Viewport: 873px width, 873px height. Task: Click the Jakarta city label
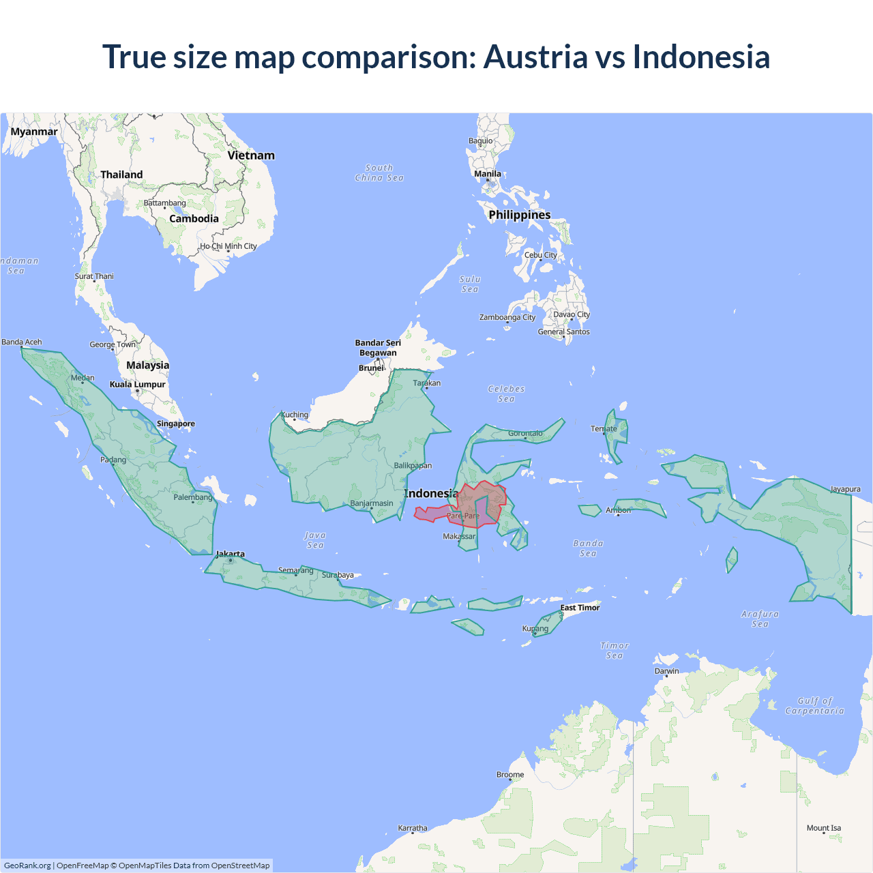coord(230,554)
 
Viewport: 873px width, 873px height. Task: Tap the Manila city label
coord(488,174)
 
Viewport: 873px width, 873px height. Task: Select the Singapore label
coord(176,424)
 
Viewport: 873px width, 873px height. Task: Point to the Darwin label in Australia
coord(666,671)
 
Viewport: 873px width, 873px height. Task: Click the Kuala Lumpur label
coord(137,385)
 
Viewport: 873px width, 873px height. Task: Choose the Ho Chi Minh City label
coord(228,246)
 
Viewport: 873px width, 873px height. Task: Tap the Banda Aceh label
coord(22,342)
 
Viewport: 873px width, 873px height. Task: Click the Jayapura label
coord(845,489)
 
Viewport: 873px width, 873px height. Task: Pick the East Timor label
coord(580,608)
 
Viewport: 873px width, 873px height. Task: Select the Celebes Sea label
coord(506,394)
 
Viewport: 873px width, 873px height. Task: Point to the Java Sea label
coord(315,540)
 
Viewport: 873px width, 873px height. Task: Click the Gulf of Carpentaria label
coord(814,706)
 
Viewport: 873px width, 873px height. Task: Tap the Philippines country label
coord(519,215)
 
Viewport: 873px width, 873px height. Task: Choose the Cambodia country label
coord(194,219)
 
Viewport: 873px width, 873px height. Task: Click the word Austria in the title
coord(535,57)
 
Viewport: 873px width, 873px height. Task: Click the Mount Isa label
coord(824,828)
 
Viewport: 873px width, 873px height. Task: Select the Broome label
coord(510,775)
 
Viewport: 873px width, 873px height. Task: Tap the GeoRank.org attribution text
coord(27,865)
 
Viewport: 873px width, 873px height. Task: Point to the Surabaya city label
coord(338,575)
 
